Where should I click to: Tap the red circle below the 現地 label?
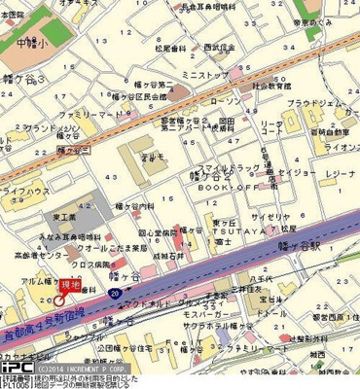point(59,300)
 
